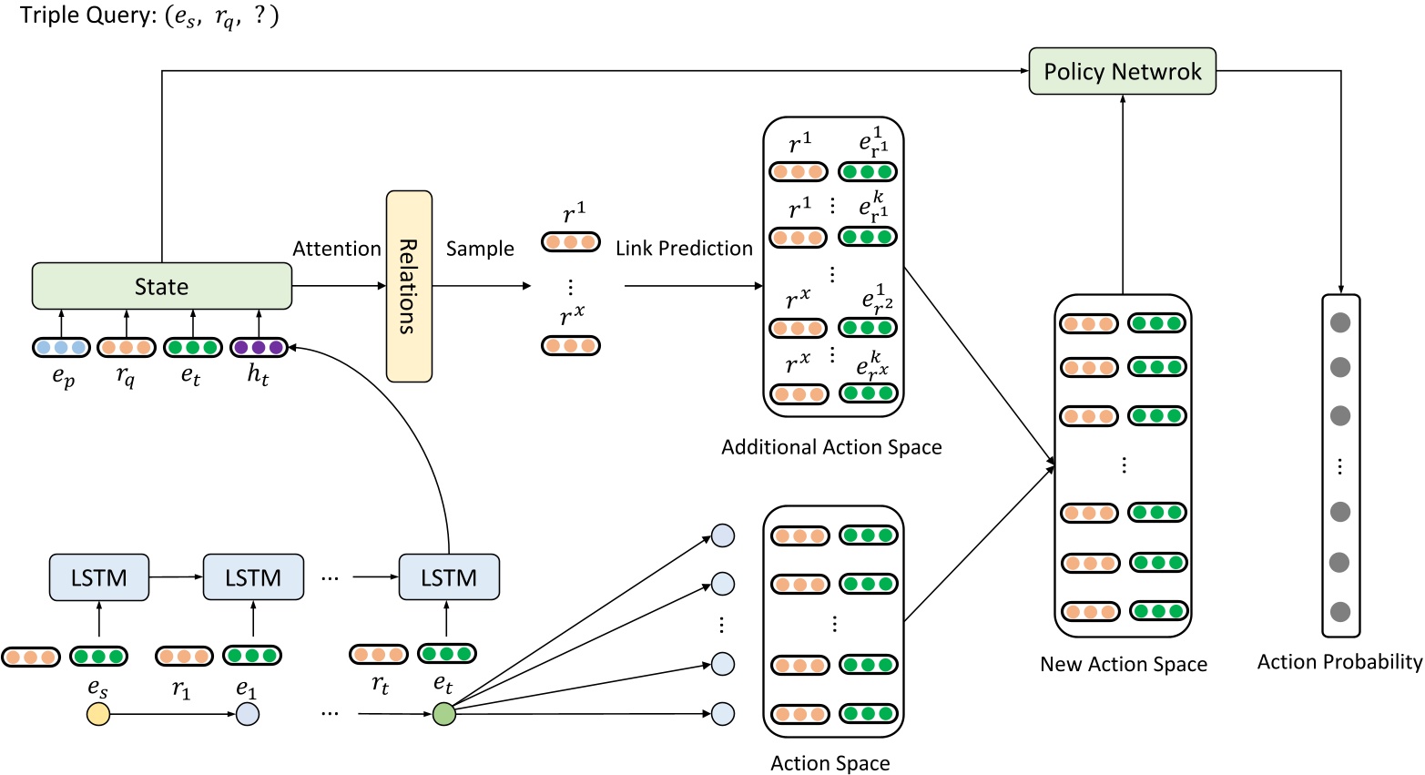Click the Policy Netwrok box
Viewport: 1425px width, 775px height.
1122,71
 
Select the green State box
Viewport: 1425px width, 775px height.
161,286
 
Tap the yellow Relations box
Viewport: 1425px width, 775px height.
409,286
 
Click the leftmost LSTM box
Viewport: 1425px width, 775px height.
98,577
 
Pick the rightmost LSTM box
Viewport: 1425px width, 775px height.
449,577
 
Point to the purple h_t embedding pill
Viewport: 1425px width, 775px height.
259,347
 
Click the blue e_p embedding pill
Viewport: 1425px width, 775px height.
61,347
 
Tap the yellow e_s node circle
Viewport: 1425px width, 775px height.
98,714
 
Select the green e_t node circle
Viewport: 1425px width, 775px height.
443,714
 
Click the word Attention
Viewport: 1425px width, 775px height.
336,249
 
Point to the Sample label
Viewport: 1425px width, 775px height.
480,249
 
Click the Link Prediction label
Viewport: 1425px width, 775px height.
684,249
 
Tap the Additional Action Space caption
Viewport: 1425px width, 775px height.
831,447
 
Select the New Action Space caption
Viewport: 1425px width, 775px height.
1124,664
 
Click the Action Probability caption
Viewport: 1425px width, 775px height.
1339,662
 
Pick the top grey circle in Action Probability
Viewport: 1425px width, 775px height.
1339,322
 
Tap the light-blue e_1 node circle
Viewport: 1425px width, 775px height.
248,714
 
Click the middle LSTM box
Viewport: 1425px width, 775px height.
253,577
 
